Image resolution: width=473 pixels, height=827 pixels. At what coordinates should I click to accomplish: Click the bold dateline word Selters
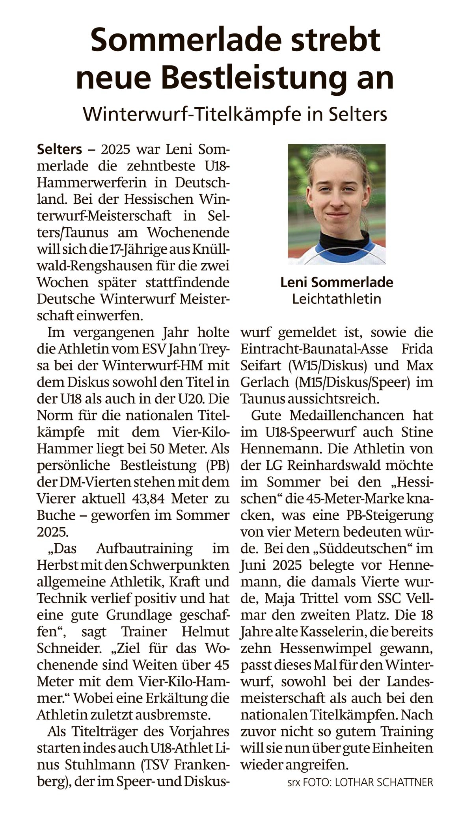(60, 150)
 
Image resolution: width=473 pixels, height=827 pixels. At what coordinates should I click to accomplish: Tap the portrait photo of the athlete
(337, 204)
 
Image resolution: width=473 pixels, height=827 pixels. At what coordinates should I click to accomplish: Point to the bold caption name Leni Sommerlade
(337, 282)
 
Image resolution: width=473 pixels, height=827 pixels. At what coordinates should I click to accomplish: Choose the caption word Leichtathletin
(337, 299)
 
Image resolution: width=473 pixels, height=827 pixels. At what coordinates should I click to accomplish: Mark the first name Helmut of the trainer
(205, 632)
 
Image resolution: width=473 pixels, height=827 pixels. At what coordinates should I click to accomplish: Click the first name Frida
(417, 349)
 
